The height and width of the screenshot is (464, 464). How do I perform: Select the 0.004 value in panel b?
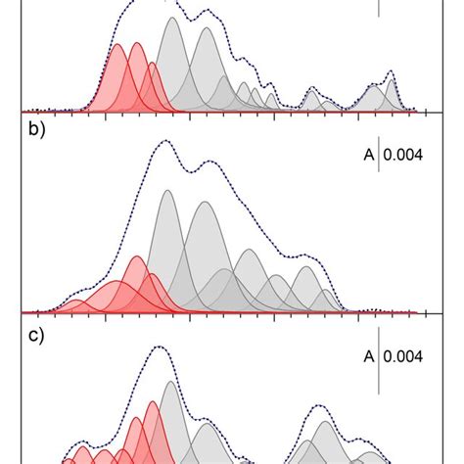pyautogui.click(x=404, y=154)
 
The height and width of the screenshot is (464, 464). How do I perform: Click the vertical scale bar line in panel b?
pyautogui.click(x=379, y=154)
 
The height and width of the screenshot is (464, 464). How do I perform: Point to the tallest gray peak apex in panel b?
pyautogui.click(x=167, y=190)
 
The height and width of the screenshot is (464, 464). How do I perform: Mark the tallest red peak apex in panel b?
pyautogui.click(x=136, y=257)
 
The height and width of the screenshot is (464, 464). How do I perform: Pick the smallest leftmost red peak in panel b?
pyautogui.click(x=80, y=302)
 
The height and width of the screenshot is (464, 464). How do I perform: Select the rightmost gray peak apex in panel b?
pyautogui.click(x=307, y=266)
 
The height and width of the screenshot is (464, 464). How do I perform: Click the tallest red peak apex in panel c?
pyautogui.click(x=153, y=401)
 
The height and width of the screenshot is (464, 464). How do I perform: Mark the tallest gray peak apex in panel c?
pyautogui.click(x=171, y=382)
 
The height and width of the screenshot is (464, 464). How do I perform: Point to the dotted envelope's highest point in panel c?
pyautogui.click(x=160, y=348)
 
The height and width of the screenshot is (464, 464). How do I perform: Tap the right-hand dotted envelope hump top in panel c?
pyautogui.click(x=320, y=404)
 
